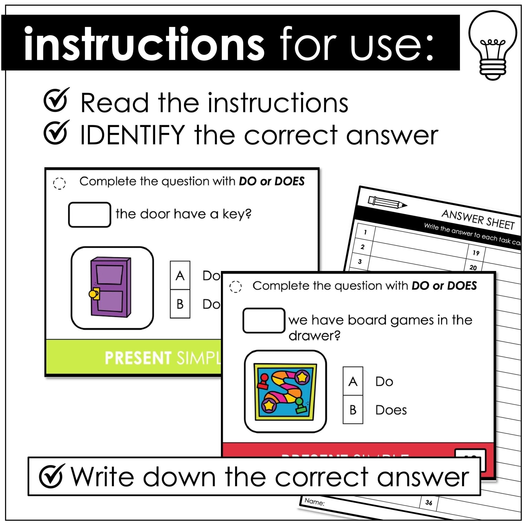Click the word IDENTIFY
(133, 135)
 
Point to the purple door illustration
(111, 287)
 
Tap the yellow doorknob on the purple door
(93, 294)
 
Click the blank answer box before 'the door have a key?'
(89, 214)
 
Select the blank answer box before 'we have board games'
(264, 321)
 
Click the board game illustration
(285, 391)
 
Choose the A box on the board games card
(353, 381)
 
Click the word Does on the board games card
(391, 410)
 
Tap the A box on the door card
(180, 276)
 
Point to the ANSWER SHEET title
(478, 219)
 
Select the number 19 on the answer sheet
(476, 253)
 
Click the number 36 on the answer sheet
(429, 502)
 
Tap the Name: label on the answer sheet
(314, 501)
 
